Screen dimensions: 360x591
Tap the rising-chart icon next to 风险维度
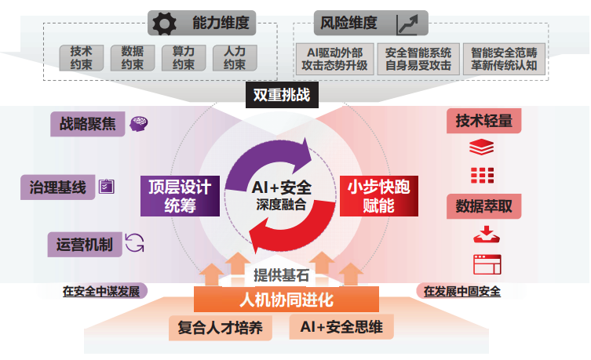(x=408, y=24)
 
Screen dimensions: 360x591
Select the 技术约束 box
(x=82, y=57)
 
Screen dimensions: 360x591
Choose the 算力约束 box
(x=183, y=57)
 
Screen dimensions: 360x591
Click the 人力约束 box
(x=235, y=57)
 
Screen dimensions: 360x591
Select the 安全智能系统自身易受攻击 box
(x=418, y=58)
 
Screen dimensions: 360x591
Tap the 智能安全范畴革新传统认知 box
(x=504, y=58)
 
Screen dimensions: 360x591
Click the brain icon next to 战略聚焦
(x=139, y=123)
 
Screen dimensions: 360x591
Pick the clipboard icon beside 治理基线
(x=106, y=187)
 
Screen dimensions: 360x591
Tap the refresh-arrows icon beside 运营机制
(x=135, y=242)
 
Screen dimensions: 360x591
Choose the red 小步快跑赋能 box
(x=379, y=196)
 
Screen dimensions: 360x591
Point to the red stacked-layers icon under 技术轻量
(x=480, y=147)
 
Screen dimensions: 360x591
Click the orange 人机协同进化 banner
(x=286, y=300)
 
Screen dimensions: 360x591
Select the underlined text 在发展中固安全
(x=461, y=291)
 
